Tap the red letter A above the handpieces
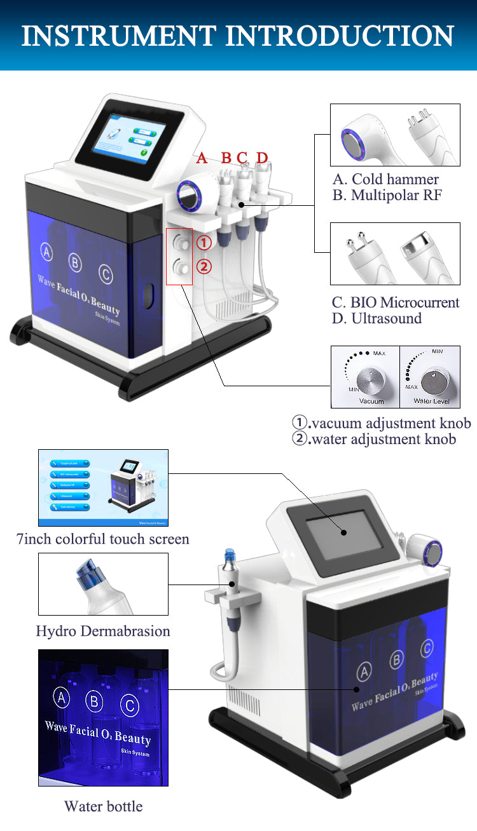click(x=202, y=158)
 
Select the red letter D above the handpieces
click(x=262, y=158)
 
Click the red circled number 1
click(x=204, y=243)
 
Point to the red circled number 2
click(x=204, y=267)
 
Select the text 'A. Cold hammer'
click(x=385, y=179)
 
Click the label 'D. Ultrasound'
click(x=377, y=318)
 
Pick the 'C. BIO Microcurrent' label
click(x=395, y=302)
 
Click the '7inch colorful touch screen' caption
click(x=103, y=539)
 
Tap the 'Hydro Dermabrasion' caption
click(x=103, y=631)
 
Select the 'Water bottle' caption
click(x=103, y=806)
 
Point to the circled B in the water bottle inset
click(x=95, y=701)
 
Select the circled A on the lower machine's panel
click(x=364, y=671)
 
